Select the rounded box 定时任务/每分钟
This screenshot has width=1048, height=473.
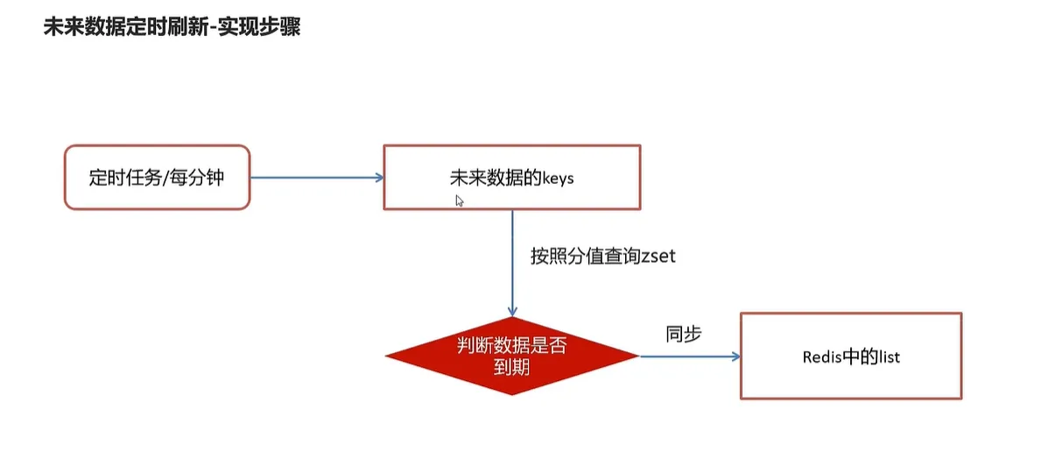158,177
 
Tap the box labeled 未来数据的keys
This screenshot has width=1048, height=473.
511,177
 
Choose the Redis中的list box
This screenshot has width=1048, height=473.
851,357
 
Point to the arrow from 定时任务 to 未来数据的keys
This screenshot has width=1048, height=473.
315,177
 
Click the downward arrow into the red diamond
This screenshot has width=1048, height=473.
512,263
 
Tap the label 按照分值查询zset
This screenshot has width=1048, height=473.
603,257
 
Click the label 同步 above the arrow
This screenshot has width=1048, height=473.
684,334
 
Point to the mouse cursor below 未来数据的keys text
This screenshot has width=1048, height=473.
460,201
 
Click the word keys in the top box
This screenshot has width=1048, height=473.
558,178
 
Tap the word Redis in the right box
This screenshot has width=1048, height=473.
819,357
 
